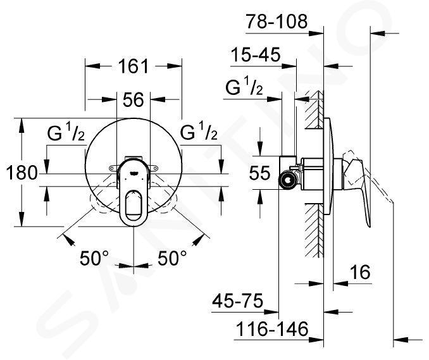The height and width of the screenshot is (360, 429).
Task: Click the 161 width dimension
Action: coord(134,66)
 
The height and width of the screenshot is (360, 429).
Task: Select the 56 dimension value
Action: coord(134,99)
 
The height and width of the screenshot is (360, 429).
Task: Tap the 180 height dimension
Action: coord(22,173)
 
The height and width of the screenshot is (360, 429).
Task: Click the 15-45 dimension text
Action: coord(256,54)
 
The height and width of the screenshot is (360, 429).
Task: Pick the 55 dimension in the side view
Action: coord(259,173)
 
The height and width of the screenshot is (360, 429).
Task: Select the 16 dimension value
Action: coord(360,272)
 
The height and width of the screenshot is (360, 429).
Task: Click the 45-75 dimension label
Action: coord(238,301)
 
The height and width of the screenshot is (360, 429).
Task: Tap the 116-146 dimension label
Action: coord(272,329)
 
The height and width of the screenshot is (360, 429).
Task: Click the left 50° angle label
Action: coord(94,258)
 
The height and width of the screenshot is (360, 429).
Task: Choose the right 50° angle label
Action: coord(172,258)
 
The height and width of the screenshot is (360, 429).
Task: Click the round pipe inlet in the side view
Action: coord(287,180)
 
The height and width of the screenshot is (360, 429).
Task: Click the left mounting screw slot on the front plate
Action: coord(113,168)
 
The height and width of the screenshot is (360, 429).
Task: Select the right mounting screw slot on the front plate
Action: coord(154,168)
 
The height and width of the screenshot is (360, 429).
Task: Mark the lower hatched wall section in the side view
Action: coord(314,230)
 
